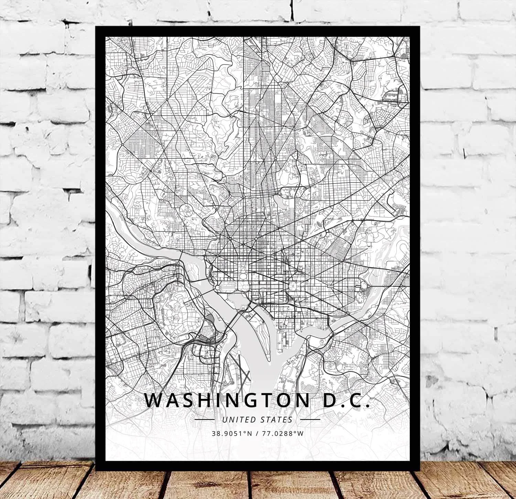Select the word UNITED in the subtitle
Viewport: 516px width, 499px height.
tap(236, 420)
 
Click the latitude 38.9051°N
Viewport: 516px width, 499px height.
tap(230, 433)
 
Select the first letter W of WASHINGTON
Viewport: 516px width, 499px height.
tap(152, 399)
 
